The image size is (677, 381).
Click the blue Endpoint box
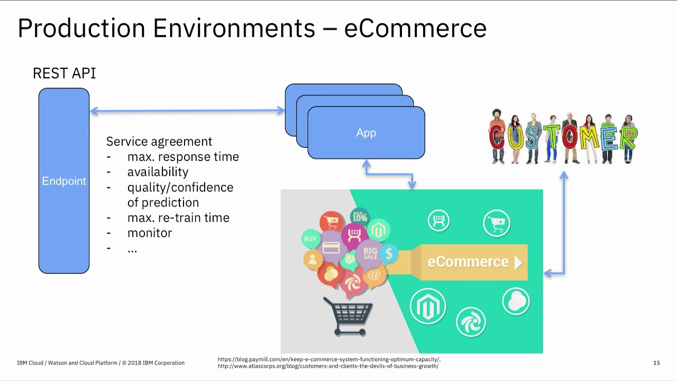tap(64, 181)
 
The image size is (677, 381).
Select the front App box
tap(366, 133)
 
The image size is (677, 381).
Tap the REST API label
tap(65, 74)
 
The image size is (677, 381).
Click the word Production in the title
tap(81, 28)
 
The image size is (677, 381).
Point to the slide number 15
tap(656, 363)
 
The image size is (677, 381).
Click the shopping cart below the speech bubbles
tap(348, 316)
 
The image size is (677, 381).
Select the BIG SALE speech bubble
tap(370, 254)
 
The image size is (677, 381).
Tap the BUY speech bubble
tap(310, 239)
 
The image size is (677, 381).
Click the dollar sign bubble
tap(389, 253)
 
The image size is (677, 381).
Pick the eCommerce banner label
tap(468, 262)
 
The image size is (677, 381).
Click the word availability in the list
tap(158, 172)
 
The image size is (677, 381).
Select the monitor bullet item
tap(150, 233)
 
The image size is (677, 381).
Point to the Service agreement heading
tap(159, 141)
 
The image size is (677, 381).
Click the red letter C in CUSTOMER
tap(497, 137)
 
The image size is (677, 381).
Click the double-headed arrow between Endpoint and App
tap(187, 111)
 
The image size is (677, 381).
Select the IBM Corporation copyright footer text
tap(100, 363)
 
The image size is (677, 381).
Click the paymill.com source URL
tap(329, 359)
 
